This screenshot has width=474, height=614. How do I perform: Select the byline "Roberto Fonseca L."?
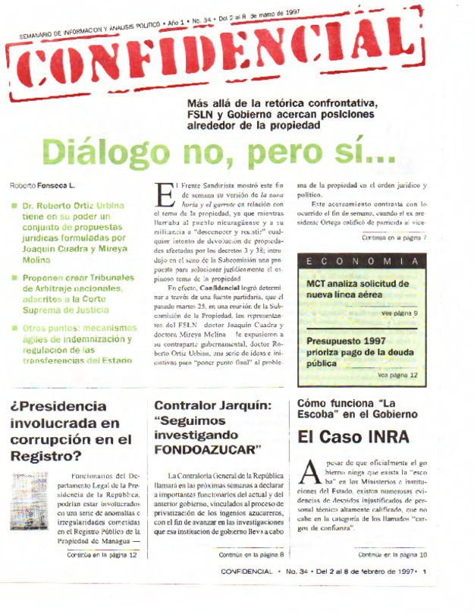42,186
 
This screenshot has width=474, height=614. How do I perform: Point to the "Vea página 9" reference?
399,313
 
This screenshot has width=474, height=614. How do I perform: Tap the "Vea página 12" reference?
397,375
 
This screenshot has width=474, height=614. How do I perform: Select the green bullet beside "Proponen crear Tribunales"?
14,278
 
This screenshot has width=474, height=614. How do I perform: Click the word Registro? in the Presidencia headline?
46,455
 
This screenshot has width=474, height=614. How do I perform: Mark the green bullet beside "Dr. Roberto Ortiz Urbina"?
14,206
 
